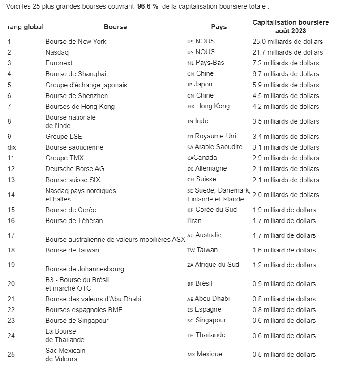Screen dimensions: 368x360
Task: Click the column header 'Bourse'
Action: click(x=115, y=27)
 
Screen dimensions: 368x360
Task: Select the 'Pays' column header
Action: click(x=219, y=27)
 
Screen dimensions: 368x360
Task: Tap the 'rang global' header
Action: click(x=26, y=27)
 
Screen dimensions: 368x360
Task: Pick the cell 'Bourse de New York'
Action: click(x=76, y=42)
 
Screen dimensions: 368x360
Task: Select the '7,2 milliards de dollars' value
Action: click(x=286, y=63)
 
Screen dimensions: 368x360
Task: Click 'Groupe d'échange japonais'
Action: click(x=86, y=85)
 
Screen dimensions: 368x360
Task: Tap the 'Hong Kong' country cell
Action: click(x=213, y=107)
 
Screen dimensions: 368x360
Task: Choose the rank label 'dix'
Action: click(x=12, y=147)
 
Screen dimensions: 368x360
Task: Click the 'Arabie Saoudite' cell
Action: click(x=219, y=147)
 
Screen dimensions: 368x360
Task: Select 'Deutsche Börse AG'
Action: click(x=75, y=169)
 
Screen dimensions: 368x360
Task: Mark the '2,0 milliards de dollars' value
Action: click(x=286, y=195)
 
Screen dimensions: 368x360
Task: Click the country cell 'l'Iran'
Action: click(x=194, y=220)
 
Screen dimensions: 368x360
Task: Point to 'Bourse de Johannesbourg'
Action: click(x=85, y=269)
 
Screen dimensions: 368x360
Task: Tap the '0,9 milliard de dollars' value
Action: click(x=284, y=284)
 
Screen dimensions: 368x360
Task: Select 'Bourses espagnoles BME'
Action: click(x=84, y=310)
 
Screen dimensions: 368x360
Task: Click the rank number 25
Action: click(x=11, y=355)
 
